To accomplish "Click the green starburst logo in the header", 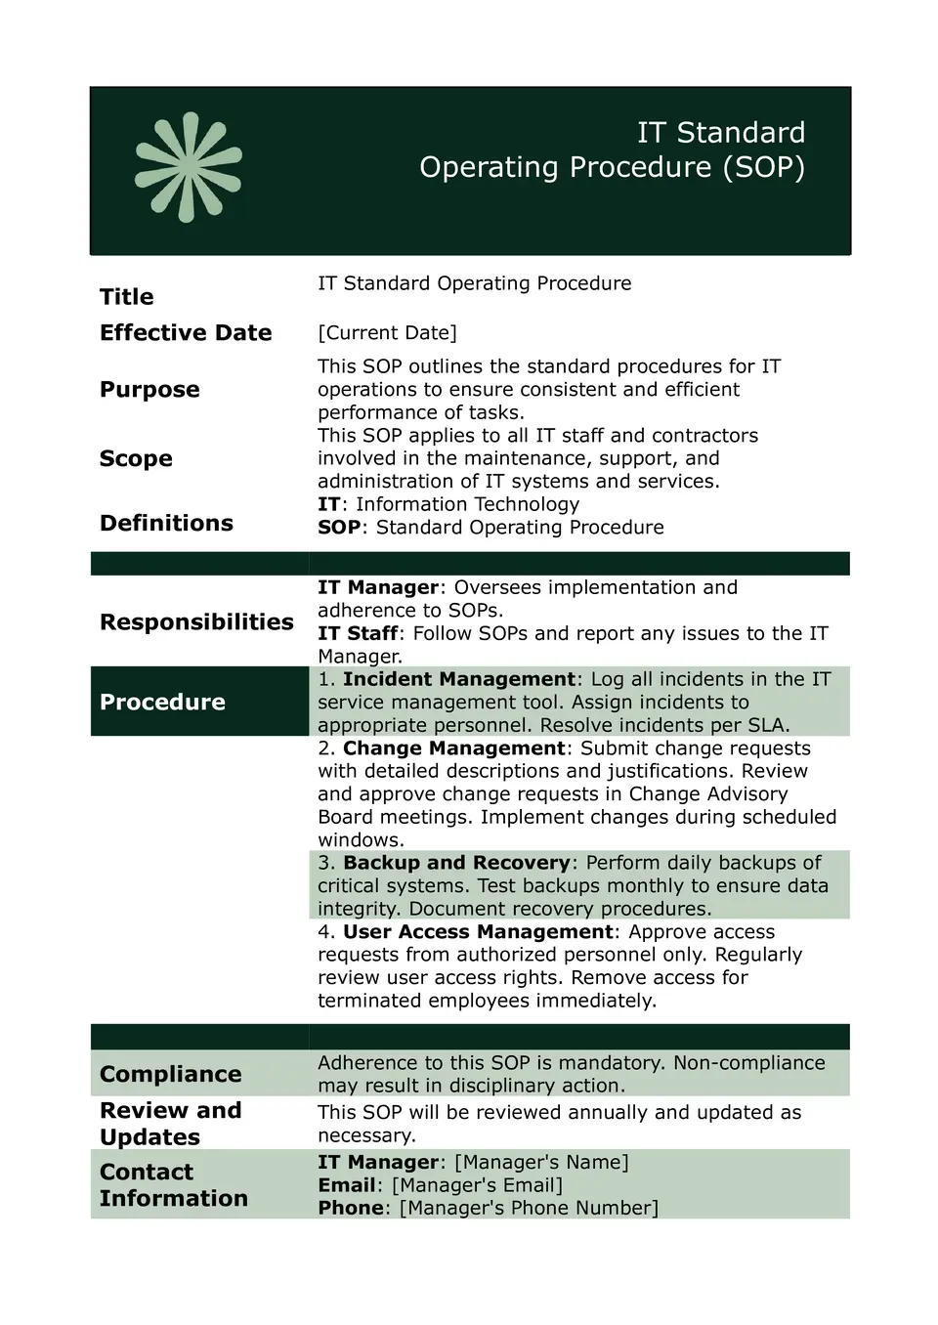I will (x=189, y=167).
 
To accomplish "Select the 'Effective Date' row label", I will (x=186, y=333).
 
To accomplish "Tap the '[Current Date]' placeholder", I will (x=387, y=333).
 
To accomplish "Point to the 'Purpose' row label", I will (x=149, y=390).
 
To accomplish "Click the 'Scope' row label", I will (x=136, y=459).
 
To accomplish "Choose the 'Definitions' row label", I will (x=166, y=524).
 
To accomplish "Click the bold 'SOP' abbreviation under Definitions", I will (x=339, y=528).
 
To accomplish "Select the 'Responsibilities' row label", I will (x=196, y=622).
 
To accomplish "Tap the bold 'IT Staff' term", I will (x=358, y=633).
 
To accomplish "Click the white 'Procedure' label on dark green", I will (x=162, y=703).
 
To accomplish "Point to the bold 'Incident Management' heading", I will (x=458, y=679).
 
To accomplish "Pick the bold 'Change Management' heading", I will (x=453, y=748).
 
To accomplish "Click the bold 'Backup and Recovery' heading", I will (x=456, y=863).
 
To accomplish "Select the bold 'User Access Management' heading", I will (x=478, y=932).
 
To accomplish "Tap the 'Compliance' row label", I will (x=170, y=1075).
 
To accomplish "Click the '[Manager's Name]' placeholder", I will (x=541, y=1163).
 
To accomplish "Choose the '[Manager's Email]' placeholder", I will (x=477, y=1185).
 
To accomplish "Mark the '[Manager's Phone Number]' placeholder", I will (x=529, y=1209).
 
